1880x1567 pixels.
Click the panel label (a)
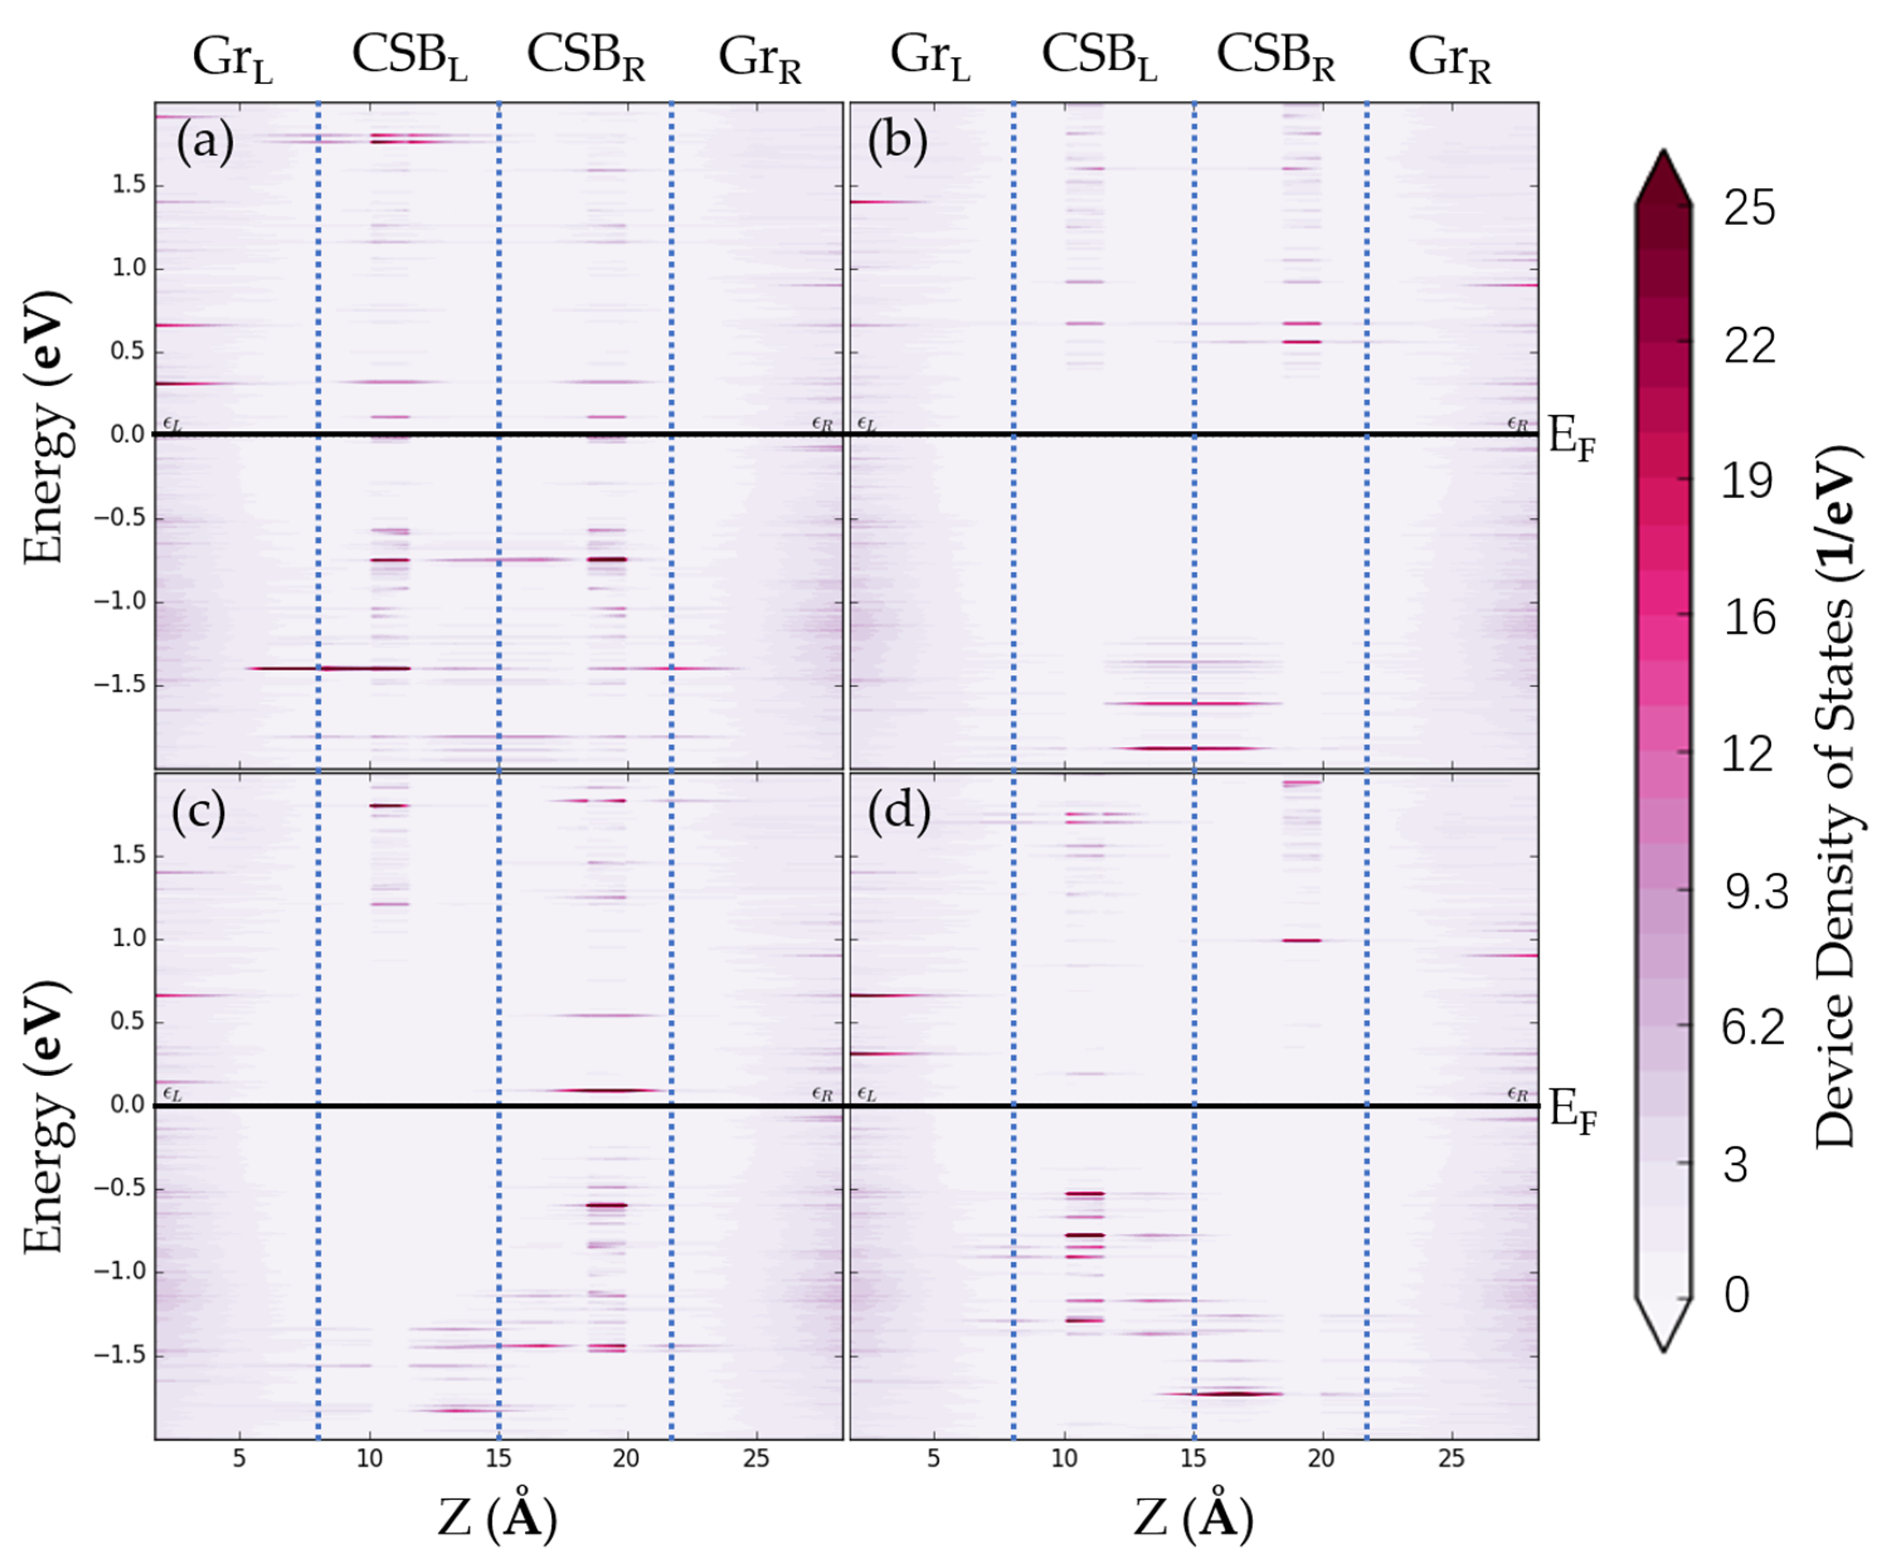(205, 141)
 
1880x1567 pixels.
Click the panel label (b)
(897, 141)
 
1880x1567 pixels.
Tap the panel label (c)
(199, 811)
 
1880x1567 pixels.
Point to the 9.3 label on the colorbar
(1755, 892)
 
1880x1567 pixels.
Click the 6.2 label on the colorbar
(1753, 1027)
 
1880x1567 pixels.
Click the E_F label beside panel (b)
(1571, 441)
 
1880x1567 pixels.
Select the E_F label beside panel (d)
(1571, 1113)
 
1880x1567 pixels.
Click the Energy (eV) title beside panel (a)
(45, 428)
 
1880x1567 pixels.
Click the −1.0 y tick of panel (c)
(119, 1271)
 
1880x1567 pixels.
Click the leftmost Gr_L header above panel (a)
(232, 58)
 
